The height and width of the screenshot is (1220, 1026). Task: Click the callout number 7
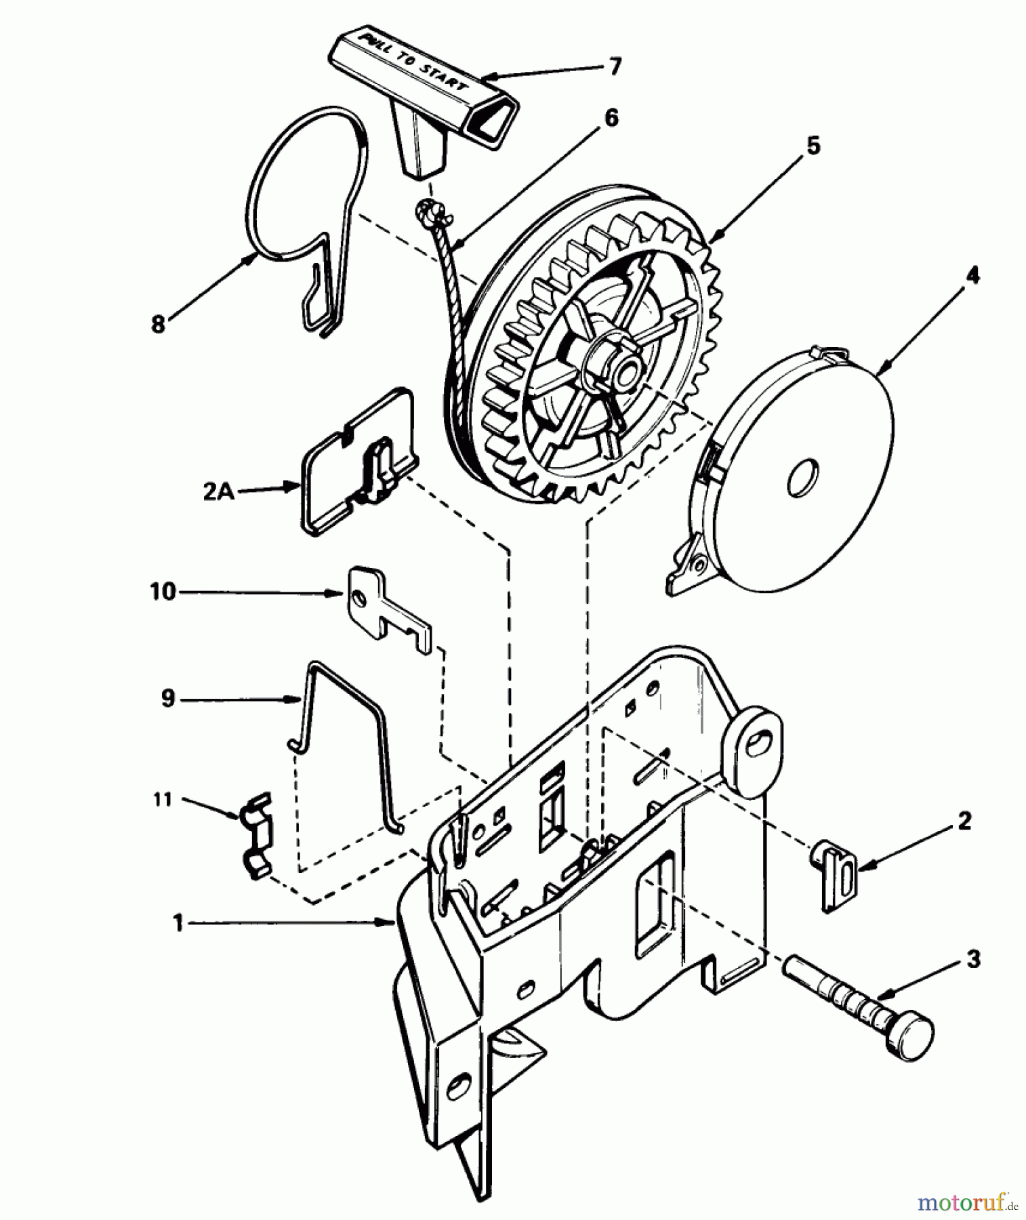point(613,67)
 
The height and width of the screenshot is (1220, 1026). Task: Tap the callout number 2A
point(218,491)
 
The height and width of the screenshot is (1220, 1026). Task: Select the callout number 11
point(163,800)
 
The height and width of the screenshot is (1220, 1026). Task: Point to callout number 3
point(973,960)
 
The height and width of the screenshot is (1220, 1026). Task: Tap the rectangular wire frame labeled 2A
point(356,461)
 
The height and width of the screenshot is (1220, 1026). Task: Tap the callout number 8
point(158,325)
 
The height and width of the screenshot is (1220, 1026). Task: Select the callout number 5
point(813,146)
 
